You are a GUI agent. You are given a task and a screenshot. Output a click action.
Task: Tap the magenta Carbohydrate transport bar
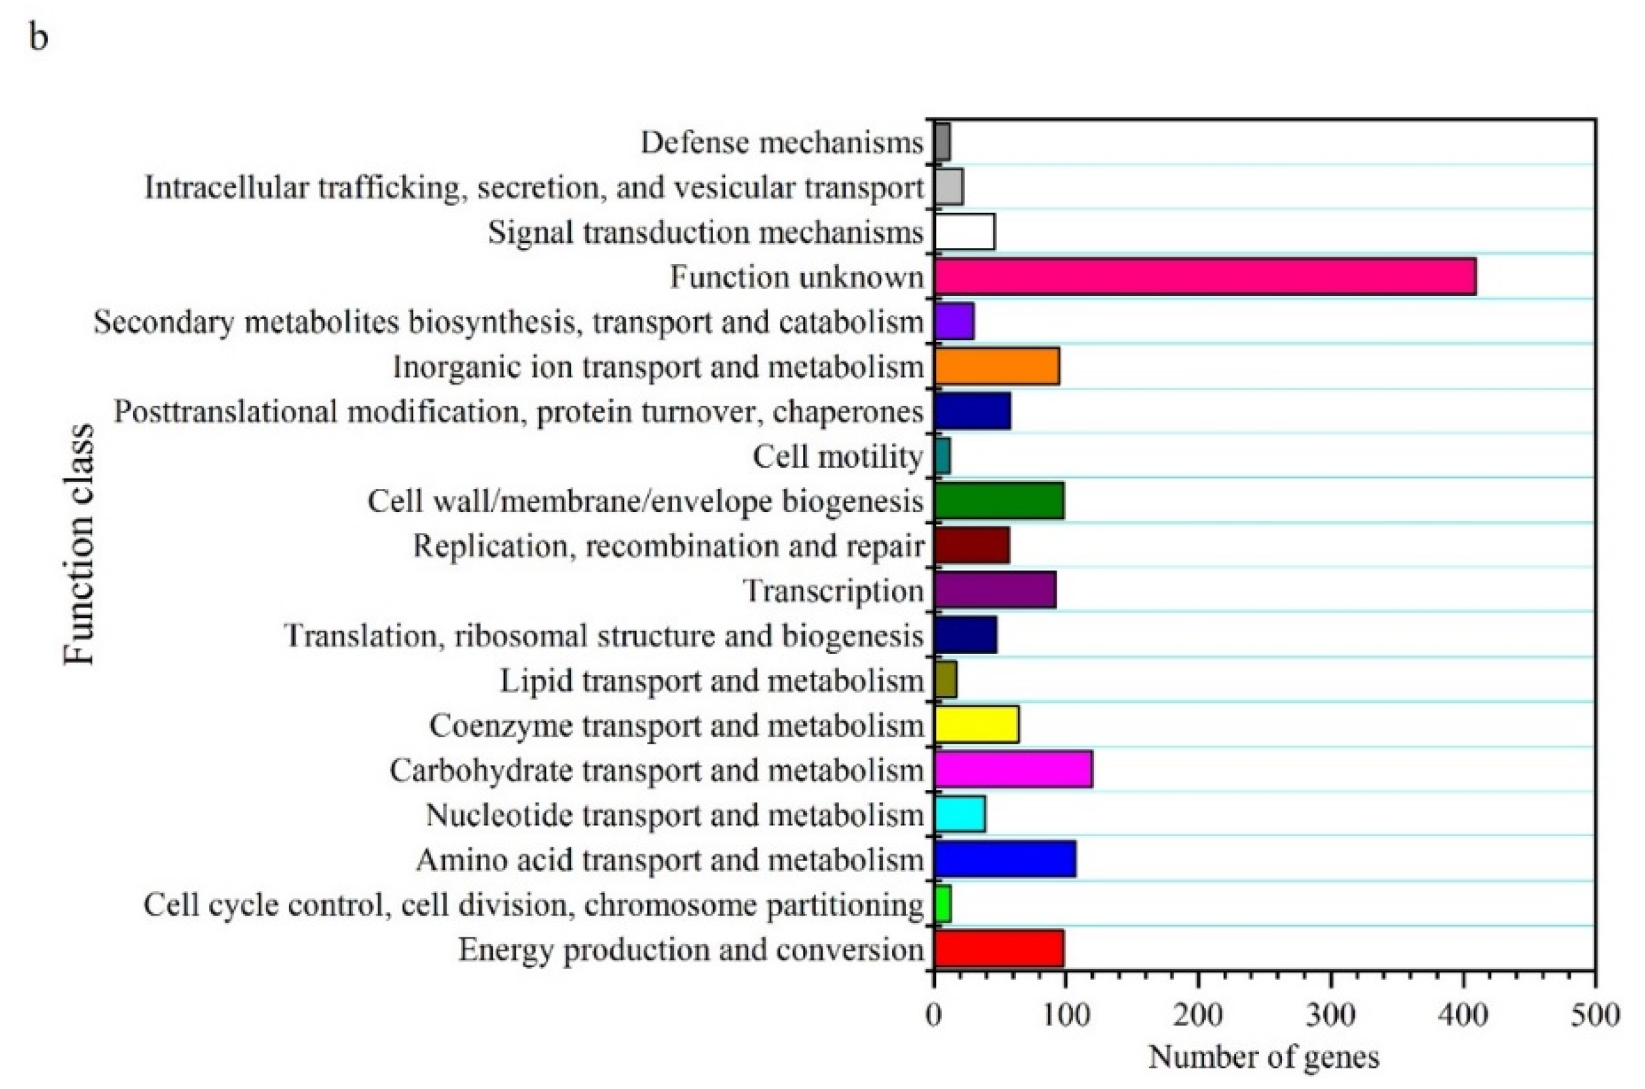click(x=1013, y=769)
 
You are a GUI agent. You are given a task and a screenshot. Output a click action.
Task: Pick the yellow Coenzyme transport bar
click(x=976, y=724)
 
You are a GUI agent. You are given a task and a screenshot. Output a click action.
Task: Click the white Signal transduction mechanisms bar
click(x=964, y=232)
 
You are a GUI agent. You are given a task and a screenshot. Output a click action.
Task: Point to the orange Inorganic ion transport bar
click(x=996, y=366)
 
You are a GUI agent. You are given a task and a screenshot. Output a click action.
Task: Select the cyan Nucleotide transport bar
click(x=959, y=814)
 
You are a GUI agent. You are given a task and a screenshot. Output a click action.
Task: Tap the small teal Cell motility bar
click(x=942, y=456)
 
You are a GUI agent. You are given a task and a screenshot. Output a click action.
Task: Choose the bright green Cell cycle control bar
click(x=942, y=904)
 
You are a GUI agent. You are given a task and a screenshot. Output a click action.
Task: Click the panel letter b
click(x=38, y=37)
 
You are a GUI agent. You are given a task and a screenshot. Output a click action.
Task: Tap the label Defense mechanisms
click(x=781, y=142)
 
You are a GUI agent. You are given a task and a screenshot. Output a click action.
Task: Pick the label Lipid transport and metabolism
click(x=711, y=681)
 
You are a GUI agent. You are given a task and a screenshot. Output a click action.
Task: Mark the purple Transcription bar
click(x=995, y=590)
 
